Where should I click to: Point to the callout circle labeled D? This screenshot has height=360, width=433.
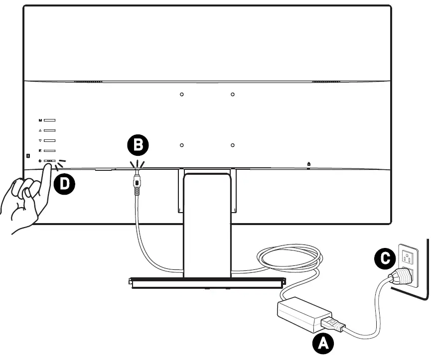pos(64,184)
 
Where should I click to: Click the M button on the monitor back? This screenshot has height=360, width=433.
pos(49,120)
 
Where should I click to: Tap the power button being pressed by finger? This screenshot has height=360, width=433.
pos(49,161)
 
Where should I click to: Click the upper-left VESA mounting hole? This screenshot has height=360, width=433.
pos(182,94)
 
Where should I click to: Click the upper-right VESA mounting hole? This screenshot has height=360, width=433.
pos(232,94)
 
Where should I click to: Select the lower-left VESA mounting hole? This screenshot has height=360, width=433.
pos(182,145)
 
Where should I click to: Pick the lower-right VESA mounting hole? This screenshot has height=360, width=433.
pos(232,145)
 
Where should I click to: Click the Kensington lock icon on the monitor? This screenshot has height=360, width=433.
pos(308,164)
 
